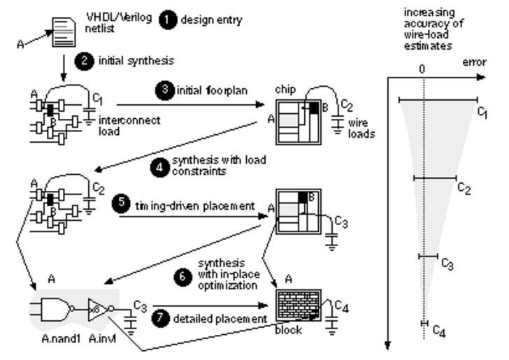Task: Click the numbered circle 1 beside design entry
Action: pyautogui.click(x=169, y=20)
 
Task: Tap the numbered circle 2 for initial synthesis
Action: pyautogui.click(x=85, y=61)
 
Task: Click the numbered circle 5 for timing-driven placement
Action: pyautogui.click(x=120, y=206)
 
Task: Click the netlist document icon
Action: pyautogui.click(x=64, y=31)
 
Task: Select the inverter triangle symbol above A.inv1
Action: pyautogui.click(x=95, y=308)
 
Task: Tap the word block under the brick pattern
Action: pyautogui.click(x=289, y=329)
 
